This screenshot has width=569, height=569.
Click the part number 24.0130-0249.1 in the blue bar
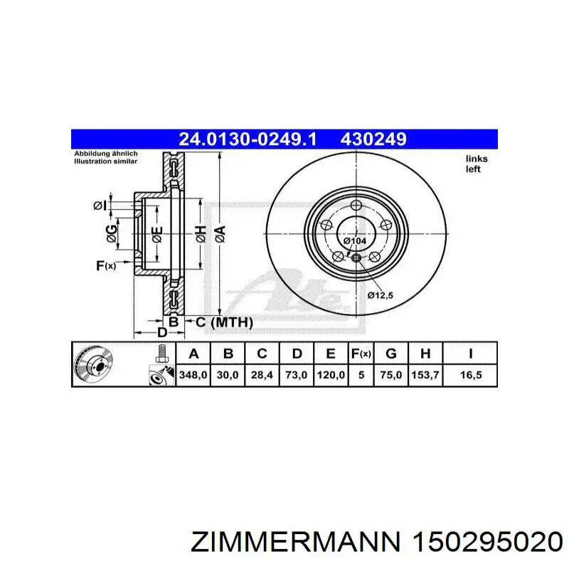[x=248, y=139]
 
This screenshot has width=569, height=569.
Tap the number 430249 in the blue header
[x=373, y=139]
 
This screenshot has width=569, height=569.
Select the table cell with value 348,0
[x=193, y=375]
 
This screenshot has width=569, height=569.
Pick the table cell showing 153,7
[x=425, y=375]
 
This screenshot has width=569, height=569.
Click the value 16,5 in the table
[x=471, y=375]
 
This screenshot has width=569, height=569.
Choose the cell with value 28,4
[x=262, y=375]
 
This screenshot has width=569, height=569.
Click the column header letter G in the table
[x=390, y=353]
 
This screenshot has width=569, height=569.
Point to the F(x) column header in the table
[x=361, y=353]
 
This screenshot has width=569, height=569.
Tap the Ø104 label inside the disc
[x=354, y=240]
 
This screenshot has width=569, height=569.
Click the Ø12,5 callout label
[x=380, y=295]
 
